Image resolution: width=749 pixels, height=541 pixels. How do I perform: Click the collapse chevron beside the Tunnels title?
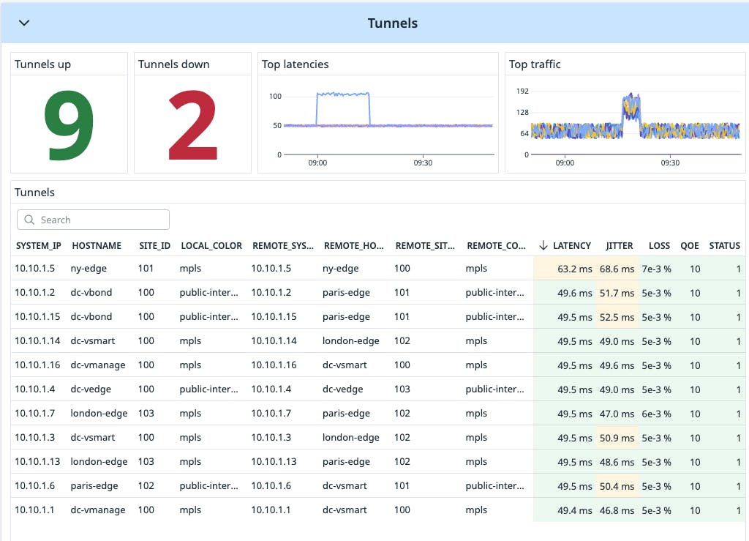click(24, 23)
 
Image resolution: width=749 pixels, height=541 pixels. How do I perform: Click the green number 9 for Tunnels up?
click(69, 125)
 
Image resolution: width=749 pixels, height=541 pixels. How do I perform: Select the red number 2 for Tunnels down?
click(192, 125)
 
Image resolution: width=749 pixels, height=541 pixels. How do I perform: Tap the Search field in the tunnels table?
click(94, 220)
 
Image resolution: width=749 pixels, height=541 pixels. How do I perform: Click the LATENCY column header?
click(571, 246)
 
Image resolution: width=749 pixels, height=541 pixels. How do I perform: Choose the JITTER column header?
click(620, 246)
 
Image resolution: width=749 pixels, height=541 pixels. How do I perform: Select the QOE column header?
click(689, 246)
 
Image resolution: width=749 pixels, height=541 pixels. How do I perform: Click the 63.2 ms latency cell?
click(575, 269)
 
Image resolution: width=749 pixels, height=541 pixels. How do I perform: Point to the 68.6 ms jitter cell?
click(617, 269)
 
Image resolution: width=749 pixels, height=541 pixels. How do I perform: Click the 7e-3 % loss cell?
click(656, 269)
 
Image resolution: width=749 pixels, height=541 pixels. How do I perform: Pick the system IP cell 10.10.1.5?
click(35, 269)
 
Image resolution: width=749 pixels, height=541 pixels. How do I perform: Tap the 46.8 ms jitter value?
click(617, 510)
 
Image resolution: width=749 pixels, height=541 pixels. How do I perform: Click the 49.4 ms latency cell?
click(575, 510)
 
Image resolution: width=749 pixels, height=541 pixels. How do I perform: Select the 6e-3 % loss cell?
click(656, 414)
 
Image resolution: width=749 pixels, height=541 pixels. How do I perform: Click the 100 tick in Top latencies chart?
click(275, 97)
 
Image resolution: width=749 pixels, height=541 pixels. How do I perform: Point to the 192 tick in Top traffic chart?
click(522, 92)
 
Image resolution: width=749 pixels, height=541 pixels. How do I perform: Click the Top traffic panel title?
click(535, 64)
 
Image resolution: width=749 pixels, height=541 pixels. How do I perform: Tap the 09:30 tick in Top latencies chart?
click(423, 163)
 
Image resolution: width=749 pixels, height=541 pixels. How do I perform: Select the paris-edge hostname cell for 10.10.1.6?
click(94, 486)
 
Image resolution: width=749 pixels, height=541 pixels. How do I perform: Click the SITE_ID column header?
click(154, 246)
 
